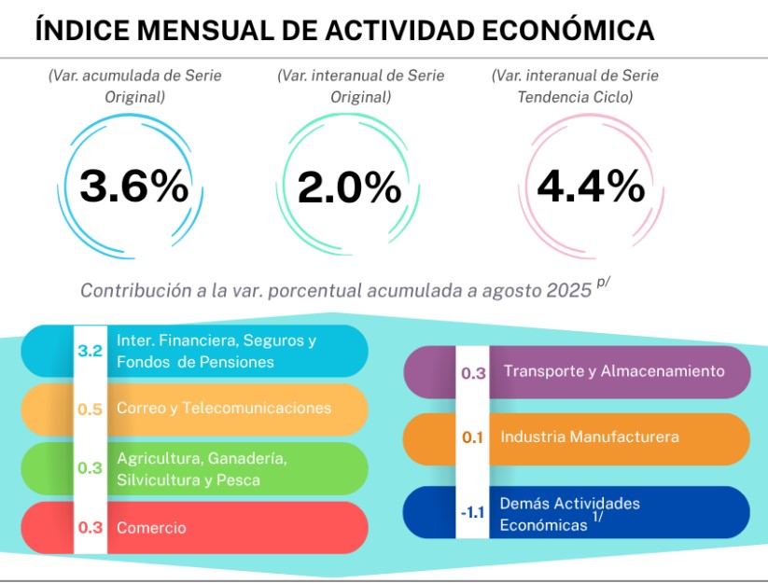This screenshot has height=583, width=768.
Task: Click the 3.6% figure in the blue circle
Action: pyautogui.click(x=134, y=187)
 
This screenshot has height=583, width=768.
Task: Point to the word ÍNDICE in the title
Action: pyautogui.click(x=81, y=30)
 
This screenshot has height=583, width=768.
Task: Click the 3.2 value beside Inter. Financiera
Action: pyautogui.click(x=91, y=352)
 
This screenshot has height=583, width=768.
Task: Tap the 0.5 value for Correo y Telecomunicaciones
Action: pyautogui.click(x=91, y=409)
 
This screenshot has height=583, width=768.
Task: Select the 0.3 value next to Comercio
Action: pyautogui.click(x=91, y=527)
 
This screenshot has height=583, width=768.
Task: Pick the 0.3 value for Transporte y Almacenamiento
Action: pyautogui.click(x=474, y=372)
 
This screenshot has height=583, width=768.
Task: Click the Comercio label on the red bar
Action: pyautogui.click(x=151, y=528)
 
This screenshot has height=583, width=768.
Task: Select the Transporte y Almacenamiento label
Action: pyautogui.click(x=614, y=371)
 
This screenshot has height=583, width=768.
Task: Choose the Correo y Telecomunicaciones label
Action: pyautogui.click(x=224, y=409)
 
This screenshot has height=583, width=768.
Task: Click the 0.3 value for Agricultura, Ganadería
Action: pyautogui.click(x=91, y=468)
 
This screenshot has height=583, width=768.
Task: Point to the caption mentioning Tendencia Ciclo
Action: pyautogui.click(x=576, y=86)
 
